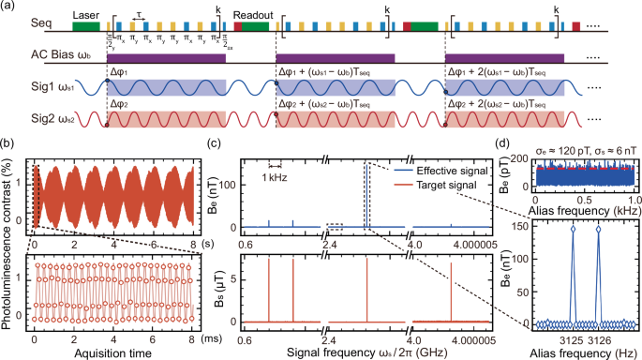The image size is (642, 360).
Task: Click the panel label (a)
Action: click(8, 7)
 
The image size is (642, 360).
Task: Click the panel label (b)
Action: click(8, 144)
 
